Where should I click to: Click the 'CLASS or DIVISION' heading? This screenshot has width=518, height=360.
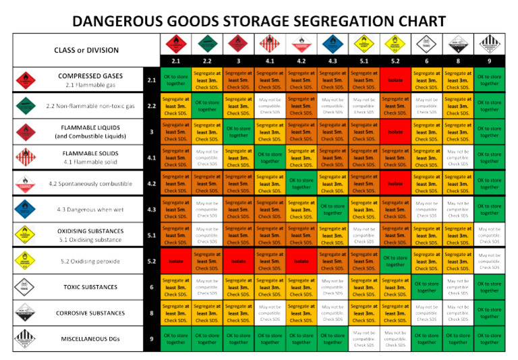click(x=86, y=50)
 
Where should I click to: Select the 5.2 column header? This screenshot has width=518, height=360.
click(x=395, y=61)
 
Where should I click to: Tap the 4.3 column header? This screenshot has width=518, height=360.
click(x=333, y=61)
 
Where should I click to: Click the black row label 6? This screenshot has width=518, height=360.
click(x=152, y=288)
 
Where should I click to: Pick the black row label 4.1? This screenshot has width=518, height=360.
click(x=152, y=158)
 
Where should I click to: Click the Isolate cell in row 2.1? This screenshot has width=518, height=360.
click(x=395, y=80)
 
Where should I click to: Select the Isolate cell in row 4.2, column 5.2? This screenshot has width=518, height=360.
click(x=395, y=183)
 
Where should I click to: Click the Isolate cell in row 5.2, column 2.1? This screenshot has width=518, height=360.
click(x=175, y=262)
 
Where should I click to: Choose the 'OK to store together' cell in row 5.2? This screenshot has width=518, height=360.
click(x=395, y=262)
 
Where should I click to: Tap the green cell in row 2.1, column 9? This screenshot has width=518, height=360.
click(x=489, y=80)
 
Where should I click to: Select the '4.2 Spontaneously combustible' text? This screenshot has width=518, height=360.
click(x=90, y=183)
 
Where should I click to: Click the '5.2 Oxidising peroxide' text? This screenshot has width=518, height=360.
click(x=90, y=261)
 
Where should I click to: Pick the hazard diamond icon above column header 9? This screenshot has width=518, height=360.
click(x=489, y=44)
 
